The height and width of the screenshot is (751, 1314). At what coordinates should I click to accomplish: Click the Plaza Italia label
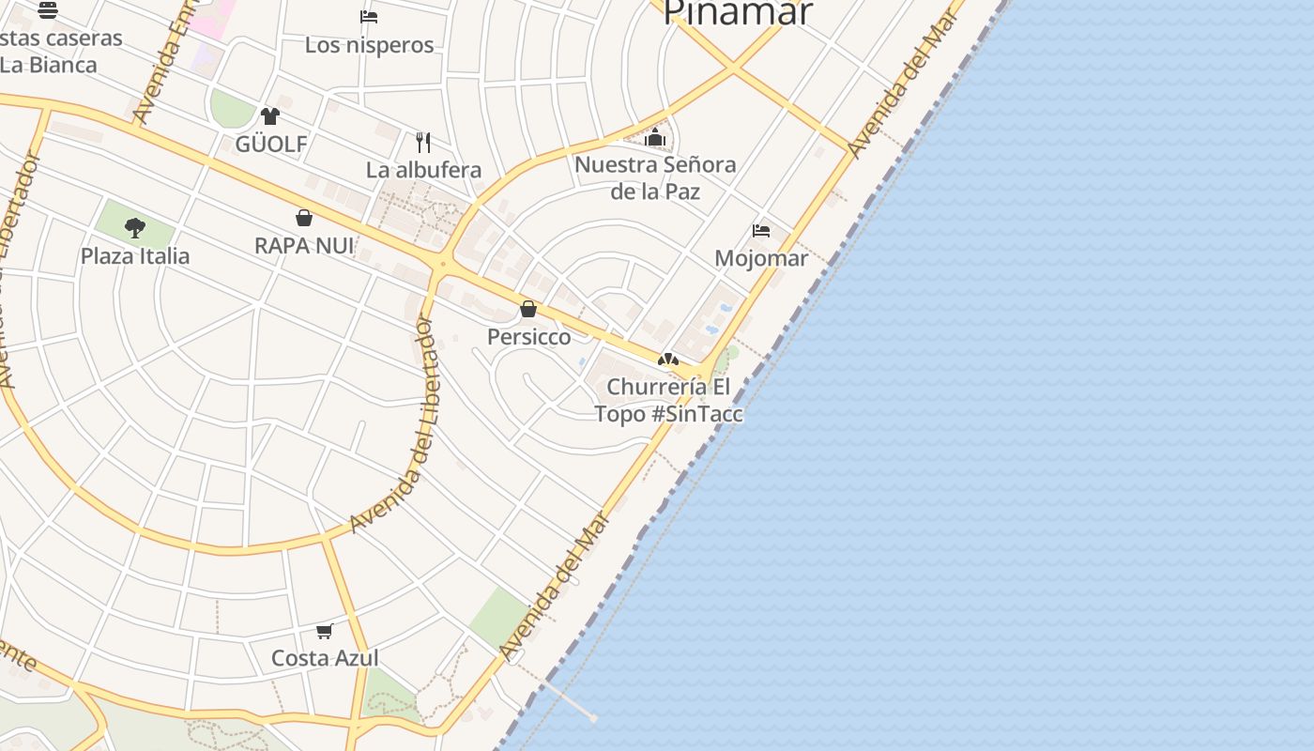click(135, 256)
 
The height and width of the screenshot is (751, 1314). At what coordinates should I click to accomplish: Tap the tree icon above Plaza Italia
click(135, 227)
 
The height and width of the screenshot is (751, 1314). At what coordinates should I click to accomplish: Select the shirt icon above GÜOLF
click(270, 116)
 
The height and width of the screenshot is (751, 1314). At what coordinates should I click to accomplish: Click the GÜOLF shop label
click(271, 145)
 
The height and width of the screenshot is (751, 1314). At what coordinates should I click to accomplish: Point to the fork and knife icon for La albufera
click(423, 143)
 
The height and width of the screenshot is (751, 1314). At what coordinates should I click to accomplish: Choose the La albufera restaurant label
click(423, 170)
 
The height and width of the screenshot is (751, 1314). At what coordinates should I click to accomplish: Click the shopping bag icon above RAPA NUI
click(304, 218)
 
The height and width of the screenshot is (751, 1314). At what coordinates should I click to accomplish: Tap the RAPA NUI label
click(304, 246)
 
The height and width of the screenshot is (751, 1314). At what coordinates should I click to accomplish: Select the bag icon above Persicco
click(528, 309)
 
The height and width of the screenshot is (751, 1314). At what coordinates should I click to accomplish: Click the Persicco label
click(528, 337)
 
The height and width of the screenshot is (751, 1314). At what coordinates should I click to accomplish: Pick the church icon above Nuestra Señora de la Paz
click(655, 138)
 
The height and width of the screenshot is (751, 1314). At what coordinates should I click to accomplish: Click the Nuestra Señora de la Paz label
click(655, 178)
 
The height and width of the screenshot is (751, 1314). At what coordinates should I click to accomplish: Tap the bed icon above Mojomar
click(761, 230)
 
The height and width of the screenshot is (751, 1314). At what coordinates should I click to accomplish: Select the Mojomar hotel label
click(761, 258)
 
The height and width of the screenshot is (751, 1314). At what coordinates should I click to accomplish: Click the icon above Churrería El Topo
click(667, 360)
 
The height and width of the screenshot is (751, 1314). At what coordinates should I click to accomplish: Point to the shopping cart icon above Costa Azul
click(325, 630)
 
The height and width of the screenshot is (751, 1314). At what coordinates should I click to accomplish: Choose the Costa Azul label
click(325, 658)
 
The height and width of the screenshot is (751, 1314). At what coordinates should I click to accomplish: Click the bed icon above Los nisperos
click(369, 17)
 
